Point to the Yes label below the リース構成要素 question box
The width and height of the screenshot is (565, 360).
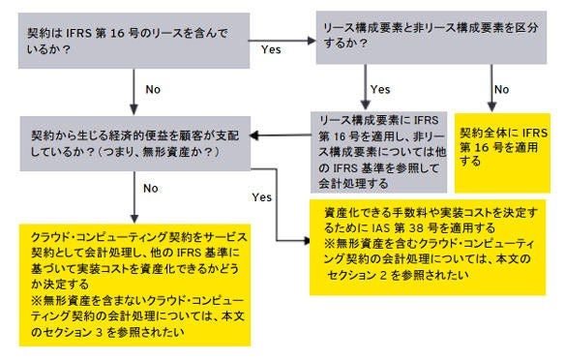(x=380, y=88)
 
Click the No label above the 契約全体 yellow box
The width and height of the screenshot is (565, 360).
(x=502, y=88)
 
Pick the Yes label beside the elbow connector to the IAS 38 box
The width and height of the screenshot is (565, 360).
(x=261, y=196)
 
